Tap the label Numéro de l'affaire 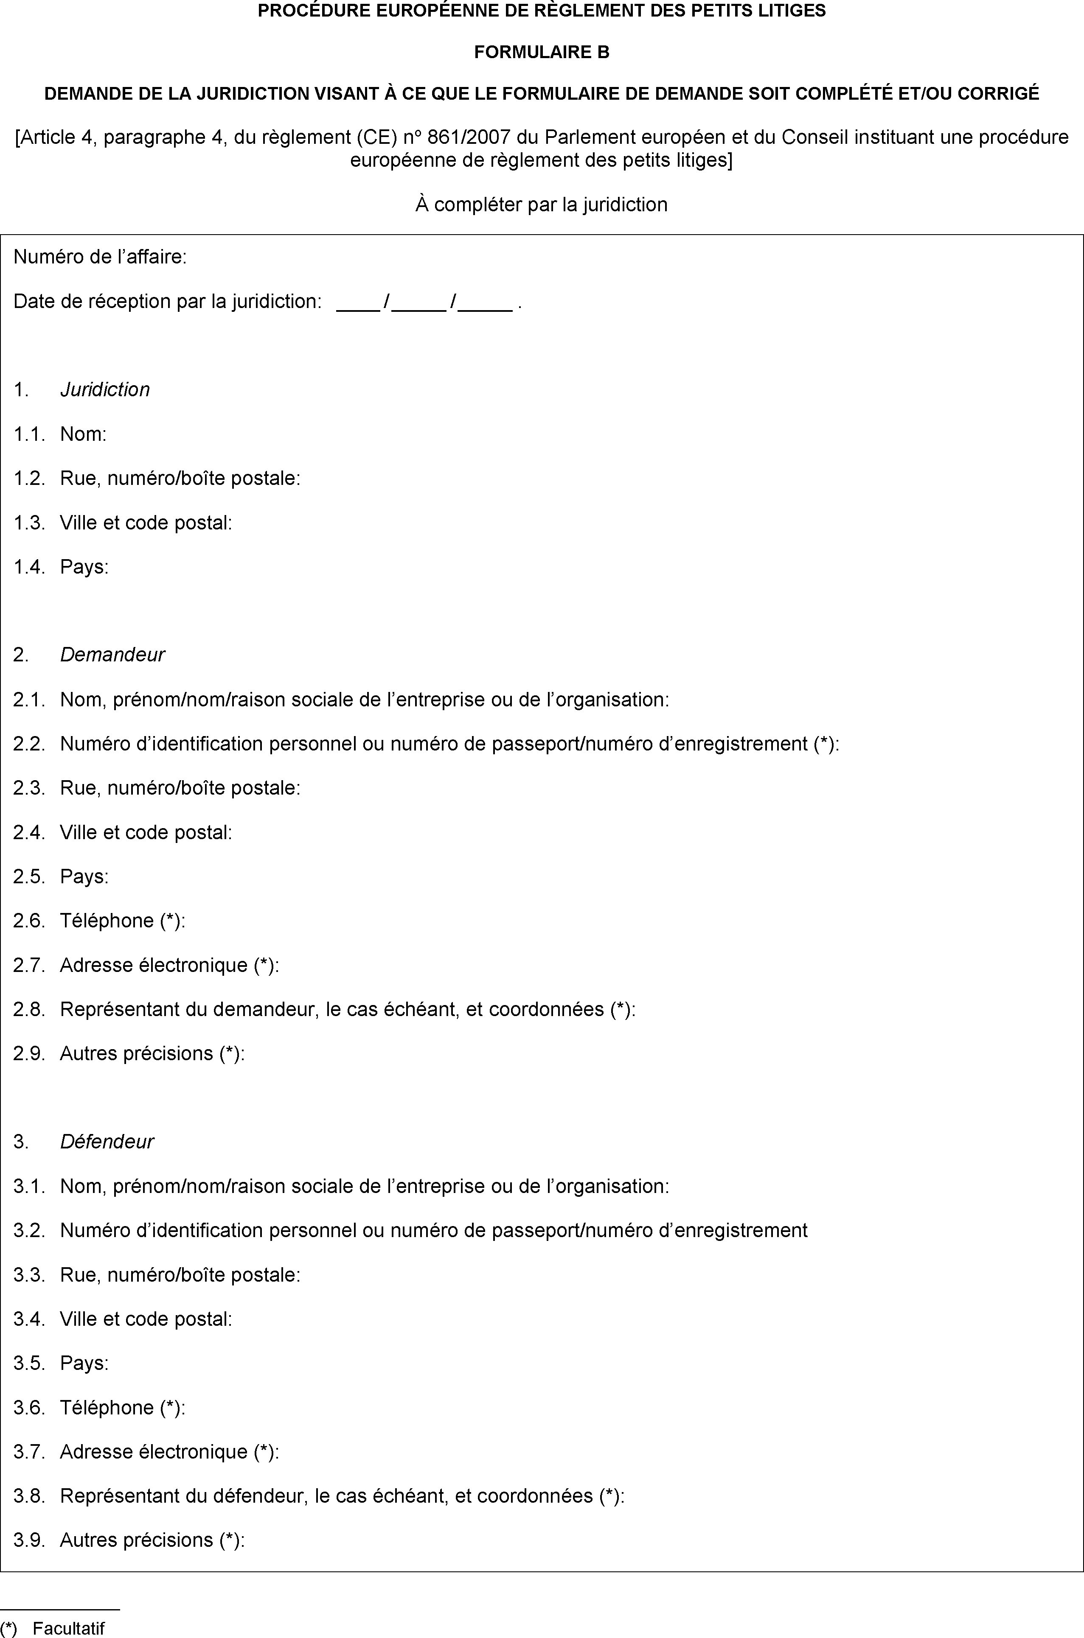point(100,258)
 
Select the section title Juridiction point(105,389)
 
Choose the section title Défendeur point(107,1141)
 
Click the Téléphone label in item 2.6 point(122,921)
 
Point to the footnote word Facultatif point(68,1628)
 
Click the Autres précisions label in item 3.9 point(152,1540)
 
